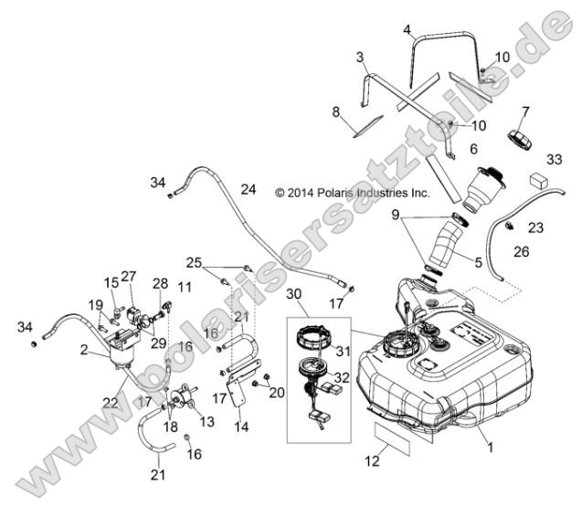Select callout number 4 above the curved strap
[407, 29]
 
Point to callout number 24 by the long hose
[248, 190]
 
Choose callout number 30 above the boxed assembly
[292, 294]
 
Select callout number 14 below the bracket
[240, 426]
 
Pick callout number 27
[129, 275]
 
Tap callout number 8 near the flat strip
[336, 111]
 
